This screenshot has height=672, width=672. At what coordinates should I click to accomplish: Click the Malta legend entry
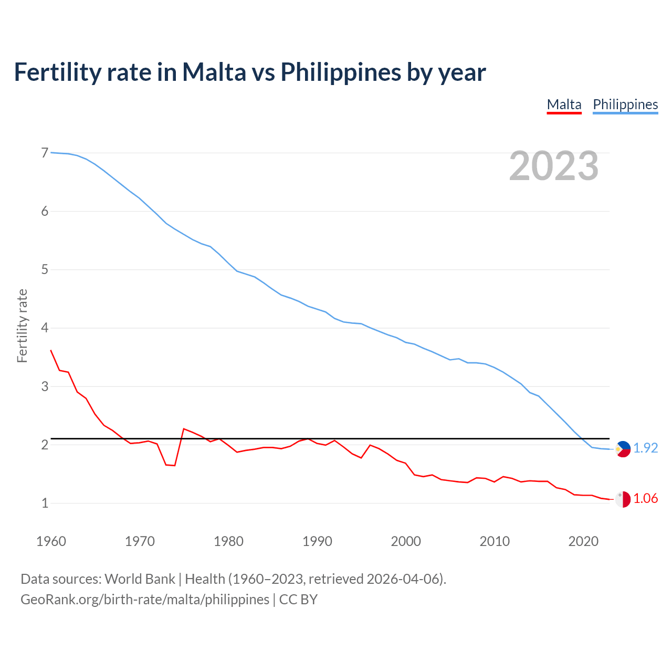click(564, 104)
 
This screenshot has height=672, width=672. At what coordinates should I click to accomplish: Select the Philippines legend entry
click(625, 104)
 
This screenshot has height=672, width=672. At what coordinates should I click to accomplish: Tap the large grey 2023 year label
click(554, 166)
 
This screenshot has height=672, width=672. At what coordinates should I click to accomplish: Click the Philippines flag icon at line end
click(623, 449)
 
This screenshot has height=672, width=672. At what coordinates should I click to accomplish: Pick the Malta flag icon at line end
click(623, 499)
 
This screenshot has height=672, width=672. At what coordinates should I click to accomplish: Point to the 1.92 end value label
click(645, 448)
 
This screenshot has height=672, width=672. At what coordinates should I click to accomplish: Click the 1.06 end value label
click(645, 498)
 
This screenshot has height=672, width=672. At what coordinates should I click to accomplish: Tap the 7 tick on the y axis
click(45, 153)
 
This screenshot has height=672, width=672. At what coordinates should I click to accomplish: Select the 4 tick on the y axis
click(45, 328)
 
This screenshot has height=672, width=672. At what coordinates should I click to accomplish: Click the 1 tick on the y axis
click(45, 503)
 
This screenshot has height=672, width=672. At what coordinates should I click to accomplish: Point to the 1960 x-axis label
click(51, 541)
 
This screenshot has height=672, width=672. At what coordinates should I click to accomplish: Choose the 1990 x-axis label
click(317, 541)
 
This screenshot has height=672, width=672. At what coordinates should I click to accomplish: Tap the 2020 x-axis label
click(583, 541)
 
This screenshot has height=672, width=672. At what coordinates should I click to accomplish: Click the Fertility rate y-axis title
click(22, 325)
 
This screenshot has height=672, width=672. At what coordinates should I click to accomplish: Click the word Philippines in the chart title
click(341, 72)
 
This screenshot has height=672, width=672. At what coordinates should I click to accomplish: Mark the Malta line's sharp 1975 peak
click(184, 429)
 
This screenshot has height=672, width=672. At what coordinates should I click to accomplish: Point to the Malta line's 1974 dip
click(175, 466)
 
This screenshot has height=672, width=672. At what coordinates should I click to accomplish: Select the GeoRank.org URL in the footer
click(144, 600)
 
